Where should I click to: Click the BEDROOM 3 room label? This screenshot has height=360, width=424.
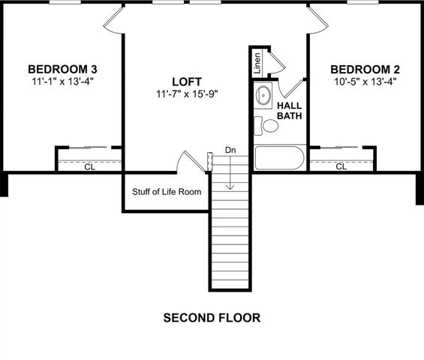tap(62, 67)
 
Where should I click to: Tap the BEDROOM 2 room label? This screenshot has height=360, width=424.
tap(364, 68)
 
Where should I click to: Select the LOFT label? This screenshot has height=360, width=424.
tap(187, 81)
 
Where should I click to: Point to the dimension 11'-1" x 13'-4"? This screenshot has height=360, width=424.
tap(62, 79)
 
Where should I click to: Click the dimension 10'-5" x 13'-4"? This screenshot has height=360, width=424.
tap(364, 81)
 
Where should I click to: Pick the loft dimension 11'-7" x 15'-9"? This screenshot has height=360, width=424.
tap(187, 94)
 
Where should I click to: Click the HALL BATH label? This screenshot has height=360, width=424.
tap(290, 111)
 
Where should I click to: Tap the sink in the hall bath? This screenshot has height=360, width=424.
tap(263, 96)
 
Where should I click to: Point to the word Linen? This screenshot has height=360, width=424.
tap(257, 62)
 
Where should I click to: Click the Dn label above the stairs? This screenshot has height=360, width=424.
tap(231, 151)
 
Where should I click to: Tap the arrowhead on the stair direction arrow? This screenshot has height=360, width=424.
tap(231, 187)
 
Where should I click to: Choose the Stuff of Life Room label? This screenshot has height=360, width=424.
tap(167, 192)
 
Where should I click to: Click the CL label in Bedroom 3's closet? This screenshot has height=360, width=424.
tap(89, 166)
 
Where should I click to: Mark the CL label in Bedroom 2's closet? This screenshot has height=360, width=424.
tap(341, 166)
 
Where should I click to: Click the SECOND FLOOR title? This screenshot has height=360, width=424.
tap(212, 318)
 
